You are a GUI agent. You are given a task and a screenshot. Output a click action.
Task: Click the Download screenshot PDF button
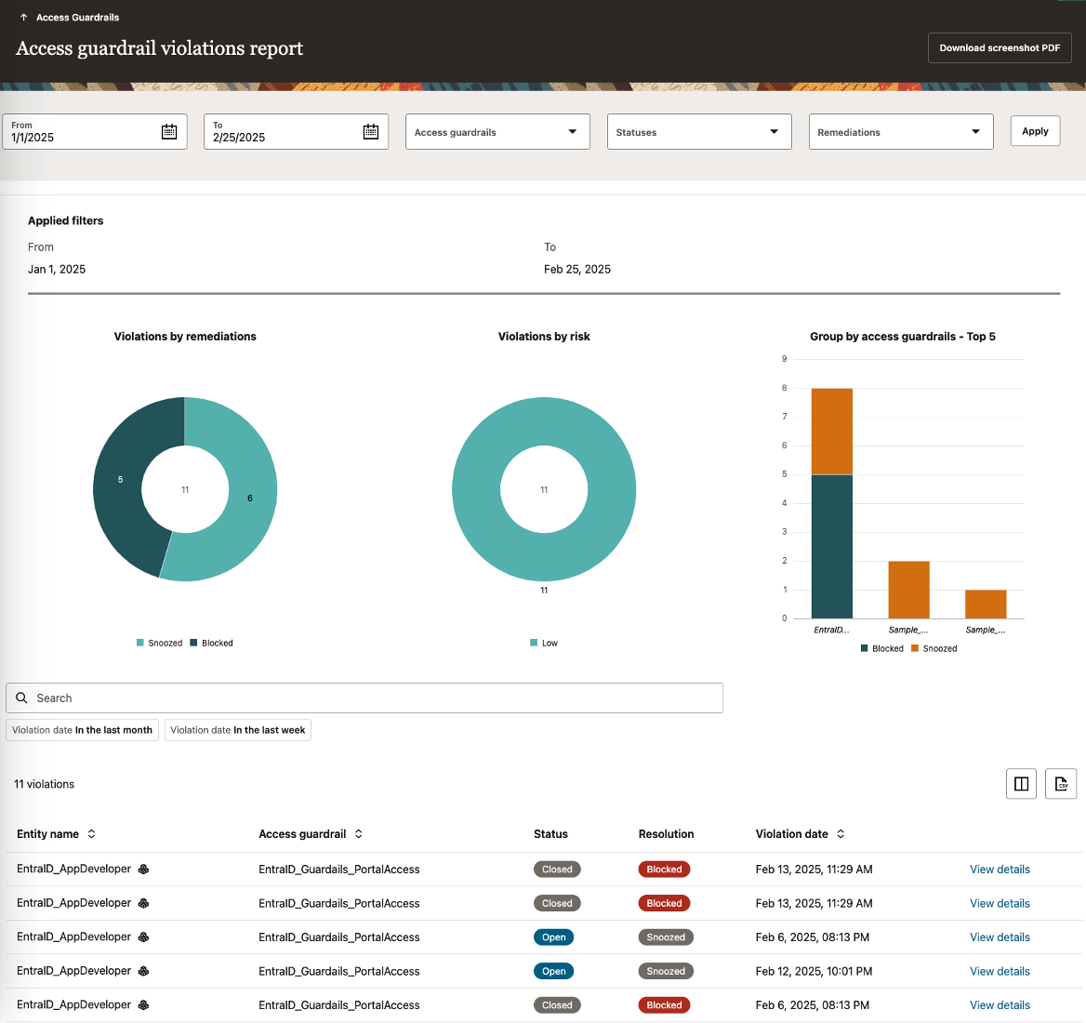click(x=1000, y=48)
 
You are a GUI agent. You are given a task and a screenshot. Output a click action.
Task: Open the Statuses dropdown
click(x=698, y=132)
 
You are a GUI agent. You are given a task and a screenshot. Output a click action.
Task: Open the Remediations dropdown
click(x=900, y=132)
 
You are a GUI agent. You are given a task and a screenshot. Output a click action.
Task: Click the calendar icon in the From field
click(x=169, y=132)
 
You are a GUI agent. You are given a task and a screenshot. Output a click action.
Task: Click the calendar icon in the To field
click(x=371, y=132)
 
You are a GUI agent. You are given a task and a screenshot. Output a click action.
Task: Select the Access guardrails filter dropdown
click(x=497, y=132)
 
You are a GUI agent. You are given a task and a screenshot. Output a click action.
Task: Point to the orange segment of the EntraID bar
click(x=831, y=431)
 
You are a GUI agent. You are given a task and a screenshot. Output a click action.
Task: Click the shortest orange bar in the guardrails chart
click(x=986, y=604)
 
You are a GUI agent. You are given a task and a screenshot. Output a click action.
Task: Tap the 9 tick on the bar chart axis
click(x=785, y=359)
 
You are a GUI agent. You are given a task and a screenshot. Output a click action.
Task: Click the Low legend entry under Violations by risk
click(x=545, y=644)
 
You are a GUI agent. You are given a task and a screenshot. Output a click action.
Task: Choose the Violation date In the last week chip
click(x=238, y=730)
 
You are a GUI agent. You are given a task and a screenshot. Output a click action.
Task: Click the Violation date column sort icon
click(x=841, y=834)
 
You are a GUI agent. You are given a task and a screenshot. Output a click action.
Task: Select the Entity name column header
click(x=48, y=834)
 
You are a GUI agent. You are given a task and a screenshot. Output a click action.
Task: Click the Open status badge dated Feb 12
click(x=553, y=971)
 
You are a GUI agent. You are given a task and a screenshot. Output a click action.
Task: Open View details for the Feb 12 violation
click(x=1000, y=971)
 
